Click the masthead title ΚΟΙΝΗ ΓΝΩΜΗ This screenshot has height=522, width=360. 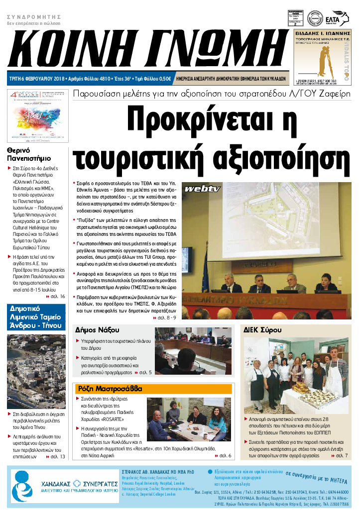(144, 49)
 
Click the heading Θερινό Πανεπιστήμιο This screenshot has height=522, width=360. (29, 155)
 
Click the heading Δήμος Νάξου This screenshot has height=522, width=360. (97, 330)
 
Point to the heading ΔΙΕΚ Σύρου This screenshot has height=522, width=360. (262, 330)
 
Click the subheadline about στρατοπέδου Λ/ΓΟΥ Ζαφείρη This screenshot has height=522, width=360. (211, 94)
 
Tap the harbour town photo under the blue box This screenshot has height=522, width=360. (36, 371)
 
